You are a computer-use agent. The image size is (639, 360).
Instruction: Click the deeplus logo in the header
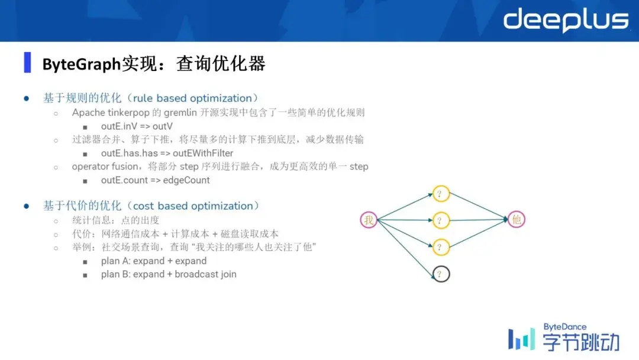coord(566,20)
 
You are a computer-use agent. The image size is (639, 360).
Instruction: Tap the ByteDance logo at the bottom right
coord(564,337)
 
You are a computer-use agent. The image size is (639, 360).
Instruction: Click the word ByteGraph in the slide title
coord(82,65)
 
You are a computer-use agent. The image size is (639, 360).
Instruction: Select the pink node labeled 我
coord(369,220)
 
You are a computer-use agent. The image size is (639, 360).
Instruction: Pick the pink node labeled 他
coord(517,219)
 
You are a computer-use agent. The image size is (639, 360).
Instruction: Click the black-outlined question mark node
coord(441,274)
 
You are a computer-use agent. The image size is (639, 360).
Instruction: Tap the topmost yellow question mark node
coord(441,194)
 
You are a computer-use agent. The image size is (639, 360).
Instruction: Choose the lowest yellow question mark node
coord(441,247)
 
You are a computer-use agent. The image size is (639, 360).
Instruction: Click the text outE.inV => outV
coord(137,126)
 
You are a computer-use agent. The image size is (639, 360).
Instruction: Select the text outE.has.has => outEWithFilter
coord(167,153)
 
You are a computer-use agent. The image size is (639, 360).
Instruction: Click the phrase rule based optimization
coord(192,98)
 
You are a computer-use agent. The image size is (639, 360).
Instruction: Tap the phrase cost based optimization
coord(193,206)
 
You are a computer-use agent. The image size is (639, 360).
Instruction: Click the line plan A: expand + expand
coord(154,261)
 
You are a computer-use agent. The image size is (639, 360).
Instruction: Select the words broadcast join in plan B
coord(205,274)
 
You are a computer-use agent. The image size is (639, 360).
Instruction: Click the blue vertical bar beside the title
coord(27,62)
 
